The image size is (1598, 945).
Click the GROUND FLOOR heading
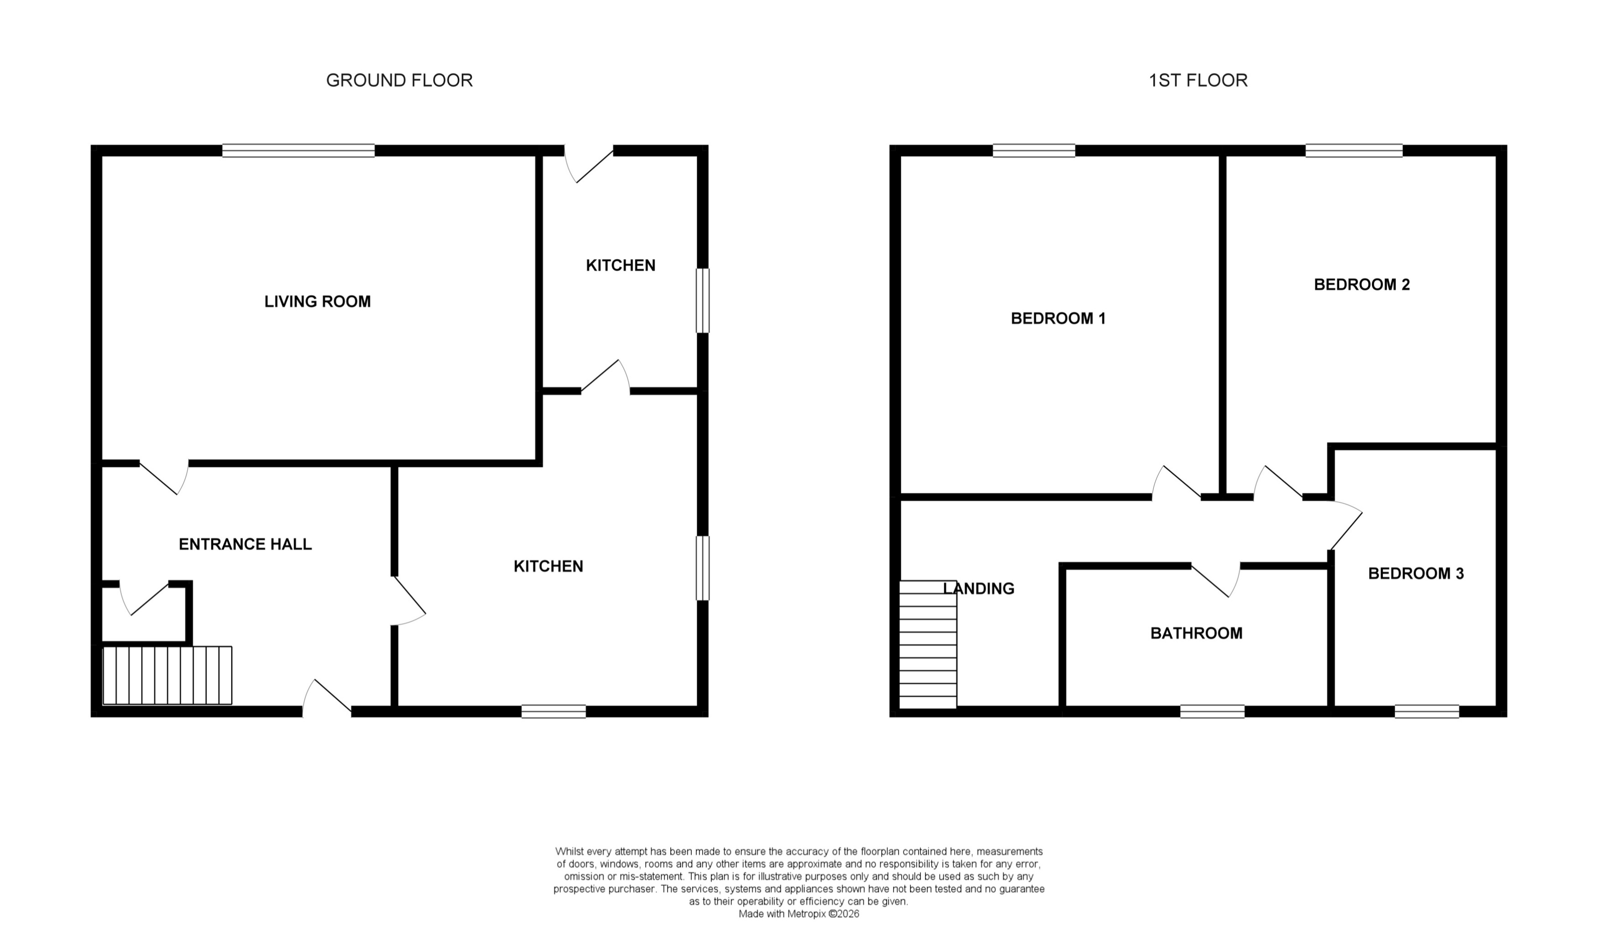399,80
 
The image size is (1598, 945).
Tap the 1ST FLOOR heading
1198,80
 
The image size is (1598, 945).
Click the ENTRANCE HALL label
245,544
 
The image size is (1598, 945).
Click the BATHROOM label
1196,633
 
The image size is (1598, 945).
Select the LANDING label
978,588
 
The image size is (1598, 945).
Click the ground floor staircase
167,676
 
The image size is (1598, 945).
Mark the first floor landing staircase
928,645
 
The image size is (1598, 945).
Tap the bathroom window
1212,712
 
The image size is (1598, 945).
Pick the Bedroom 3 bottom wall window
1426,712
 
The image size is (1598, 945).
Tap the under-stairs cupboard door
145,598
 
